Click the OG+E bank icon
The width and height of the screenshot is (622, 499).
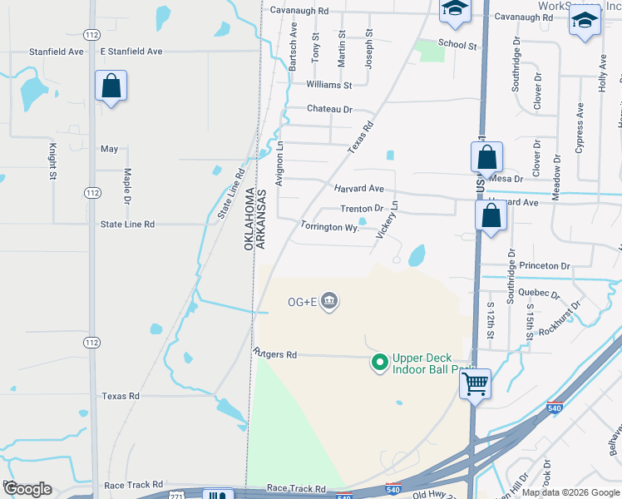coord(329,300)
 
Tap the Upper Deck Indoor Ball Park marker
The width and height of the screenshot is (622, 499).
coord(380,362)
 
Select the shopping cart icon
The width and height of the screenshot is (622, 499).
coord(475,384)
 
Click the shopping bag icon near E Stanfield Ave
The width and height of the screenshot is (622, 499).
coord(111,86)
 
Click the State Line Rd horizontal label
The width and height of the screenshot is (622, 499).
coord(127,224)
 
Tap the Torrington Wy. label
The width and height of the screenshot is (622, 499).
coord(329,226)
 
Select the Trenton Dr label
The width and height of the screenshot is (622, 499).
coord(362,209)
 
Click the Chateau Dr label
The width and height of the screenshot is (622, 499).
coord(330,109)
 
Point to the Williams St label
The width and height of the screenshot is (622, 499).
coord(329,85)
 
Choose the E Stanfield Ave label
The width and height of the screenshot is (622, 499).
coord(131,52)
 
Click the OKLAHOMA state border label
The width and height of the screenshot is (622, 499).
coord(249,220)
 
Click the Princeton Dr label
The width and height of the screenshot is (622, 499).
coord(544,266)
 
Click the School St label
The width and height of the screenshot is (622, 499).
coord(457,45)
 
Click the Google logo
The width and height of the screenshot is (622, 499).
coord(27,488)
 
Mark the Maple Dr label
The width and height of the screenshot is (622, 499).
coord(128,187)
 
